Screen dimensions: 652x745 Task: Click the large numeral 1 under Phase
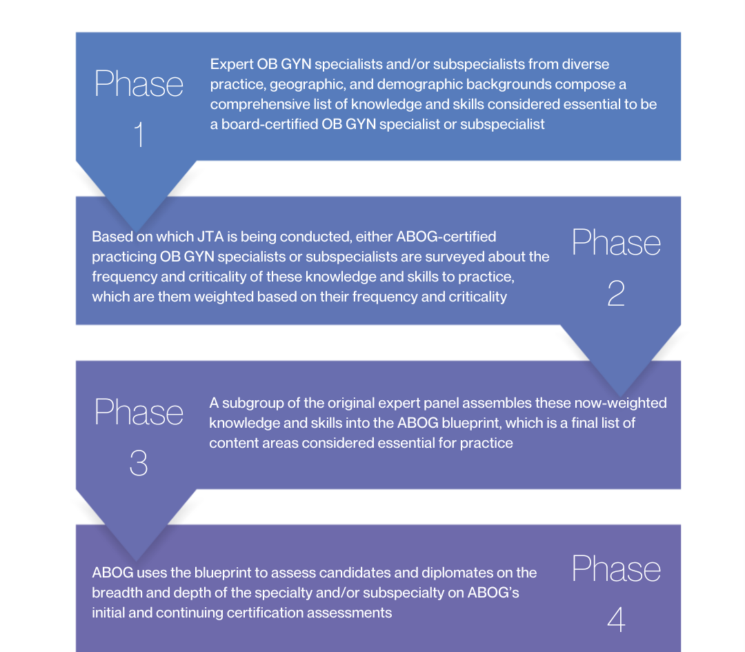pos(139,135)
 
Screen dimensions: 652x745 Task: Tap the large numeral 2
pos(616,295)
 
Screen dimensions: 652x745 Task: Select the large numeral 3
pos(139,463)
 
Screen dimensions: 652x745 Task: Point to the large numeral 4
pos(616,619)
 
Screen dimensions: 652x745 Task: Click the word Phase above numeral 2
pos(616,243)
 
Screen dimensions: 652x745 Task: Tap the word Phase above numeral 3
pos(139,412)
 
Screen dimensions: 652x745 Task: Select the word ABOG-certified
pos(446,237)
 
